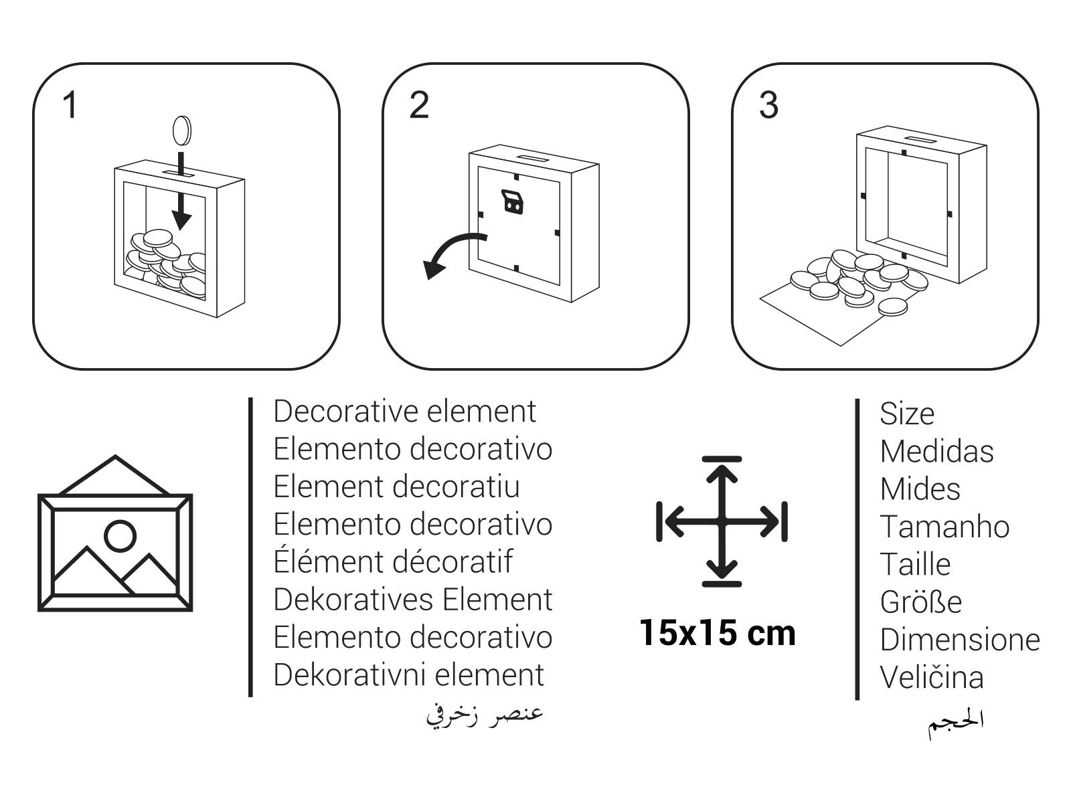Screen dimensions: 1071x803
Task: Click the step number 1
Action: tap(70, 105)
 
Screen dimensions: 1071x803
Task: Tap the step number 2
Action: tap(419, 105)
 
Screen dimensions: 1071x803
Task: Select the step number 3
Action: tap(768, 105)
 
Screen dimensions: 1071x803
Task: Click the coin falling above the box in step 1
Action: tap(182, 130)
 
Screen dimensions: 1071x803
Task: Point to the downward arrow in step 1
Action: tap(181, 191)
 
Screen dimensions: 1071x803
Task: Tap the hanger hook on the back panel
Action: tap(512, 202)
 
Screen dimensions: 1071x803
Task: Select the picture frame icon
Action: tap(115, 533)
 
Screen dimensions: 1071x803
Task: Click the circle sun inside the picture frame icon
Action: tap(120, 536)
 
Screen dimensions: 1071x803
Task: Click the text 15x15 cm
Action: tap(718, 633)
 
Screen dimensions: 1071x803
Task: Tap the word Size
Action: tap(907, 414)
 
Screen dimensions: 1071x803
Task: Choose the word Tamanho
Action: tap(944, 527)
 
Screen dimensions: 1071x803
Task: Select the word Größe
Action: tap(921, 602)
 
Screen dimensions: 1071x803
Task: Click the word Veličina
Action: tap(932, 677)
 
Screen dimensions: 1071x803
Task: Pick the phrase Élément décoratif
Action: tap(393, 561)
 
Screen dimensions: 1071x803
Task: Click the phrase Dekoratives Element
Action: tap(413, 599)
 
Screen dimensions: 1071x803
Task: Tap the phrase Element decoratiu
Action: tap(397, 486)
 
